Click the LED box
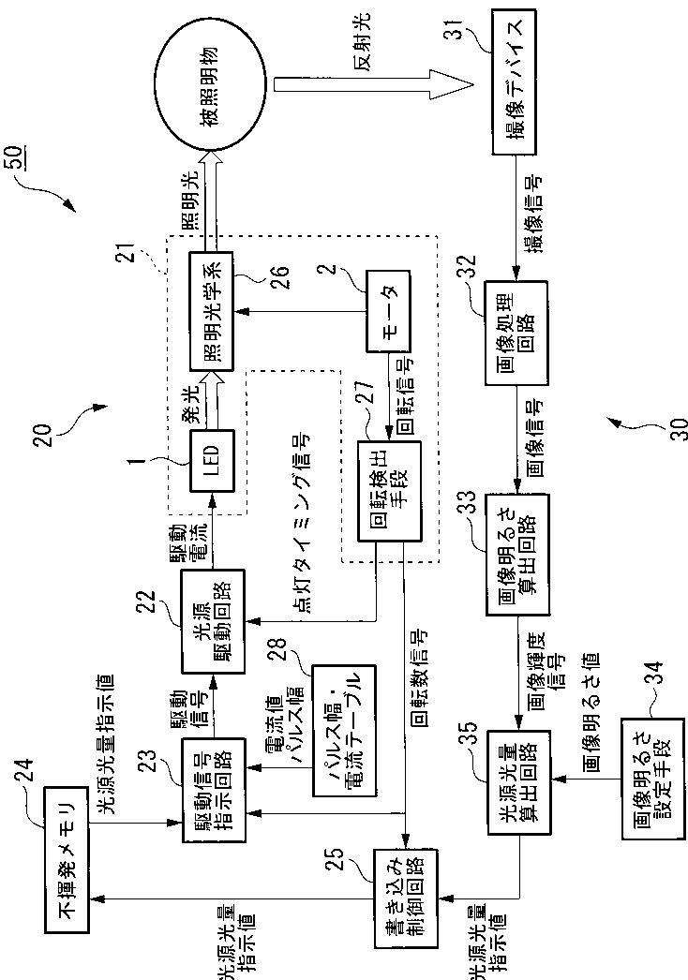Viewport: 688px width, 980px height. (x=212, y=461)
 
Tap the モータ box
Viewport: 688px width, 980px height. (x=388, y=311)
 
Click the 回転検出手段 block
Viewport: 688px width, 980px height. (x=390, y=491)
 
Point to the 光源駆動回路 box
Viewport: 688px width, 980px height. (x=213, y=621)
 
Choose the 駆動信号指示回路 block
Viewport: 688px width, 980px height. (x=213, y=790)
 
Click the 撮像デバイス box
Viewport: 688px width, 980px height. (x=513, y=82)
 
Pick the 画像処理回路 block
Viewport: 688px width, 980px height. (x=516, y=333)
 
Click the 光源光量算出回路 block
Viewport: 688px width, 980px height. (x=519, y=782)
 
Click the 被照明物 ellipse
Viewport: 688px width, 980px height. (x=215, y=84)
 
